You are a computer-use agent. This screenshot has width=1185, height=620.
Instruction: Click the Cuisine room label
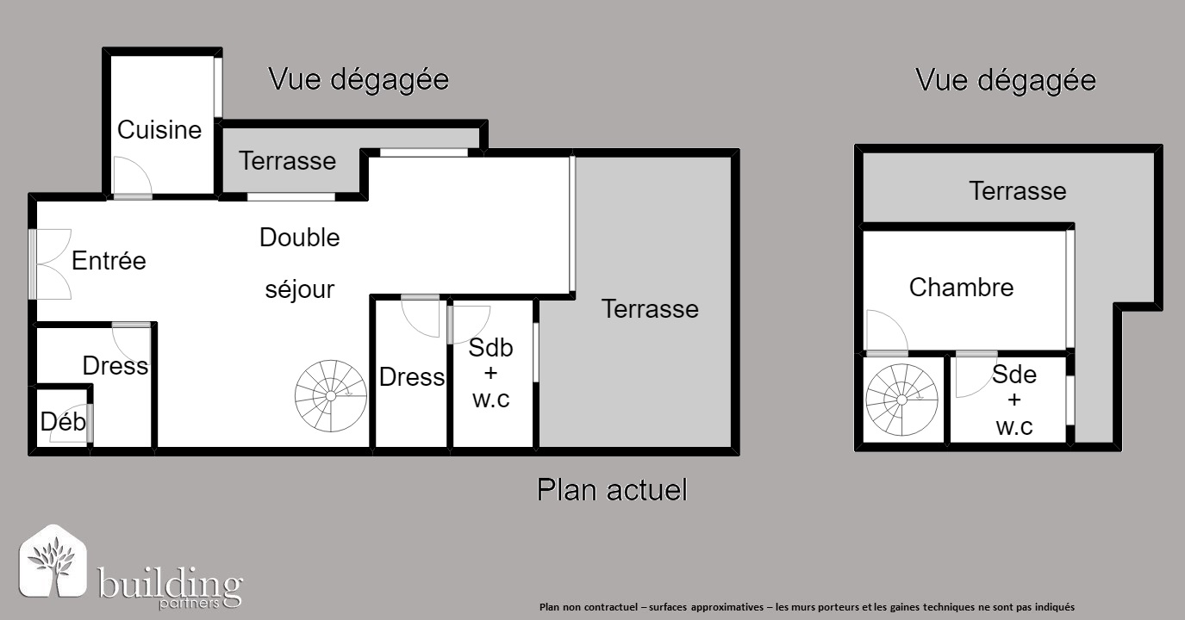tap(159, 130)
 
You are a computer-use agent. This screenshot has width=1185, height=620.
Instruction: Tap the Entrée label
tap(109, 261)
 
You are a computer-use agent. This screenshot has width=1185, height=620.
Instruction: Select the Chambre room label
tap(961, 288)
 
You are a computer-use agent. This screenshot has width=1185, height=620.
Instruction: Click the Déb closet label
tap(63, 421)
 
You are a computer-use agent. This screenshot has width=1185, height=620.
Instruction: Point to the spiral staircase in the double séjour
tap(331, 396)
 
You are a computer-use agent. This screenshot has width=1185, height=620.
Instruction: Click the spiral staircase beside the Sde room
tap(901, 400)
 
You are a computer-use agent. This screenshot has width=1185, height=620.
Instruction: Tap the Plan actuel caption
tap(612, 489)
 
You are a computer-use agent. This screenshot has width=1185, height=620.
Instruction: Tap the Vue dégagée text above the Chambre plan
tap(1006, 81)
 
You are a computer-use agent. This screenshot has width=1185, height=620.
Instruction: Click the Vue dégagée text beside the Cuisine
tap(359, 80)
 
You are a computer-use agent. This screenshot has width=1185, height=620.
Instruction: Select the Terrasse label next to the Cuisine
tap(287, 161)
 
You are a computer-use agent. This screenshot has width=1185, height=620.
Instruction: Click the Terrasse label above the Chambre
tap(1017, 191)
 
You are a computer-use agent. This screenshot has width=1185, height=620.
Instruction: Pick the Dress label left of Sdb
tap(412, 377)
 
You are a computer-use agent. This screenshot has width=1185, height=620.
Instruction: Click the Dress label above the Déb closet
tap(115, 366)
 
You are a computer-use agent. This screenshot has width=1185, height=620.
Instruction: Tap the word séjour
tap(300, 289)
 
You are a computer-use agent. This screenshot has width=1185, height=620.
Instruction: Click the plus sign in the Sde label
tap(1014, 400)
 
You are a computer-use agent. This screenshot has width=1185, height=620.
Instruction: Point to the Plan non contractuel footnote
tap(807, 607)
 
